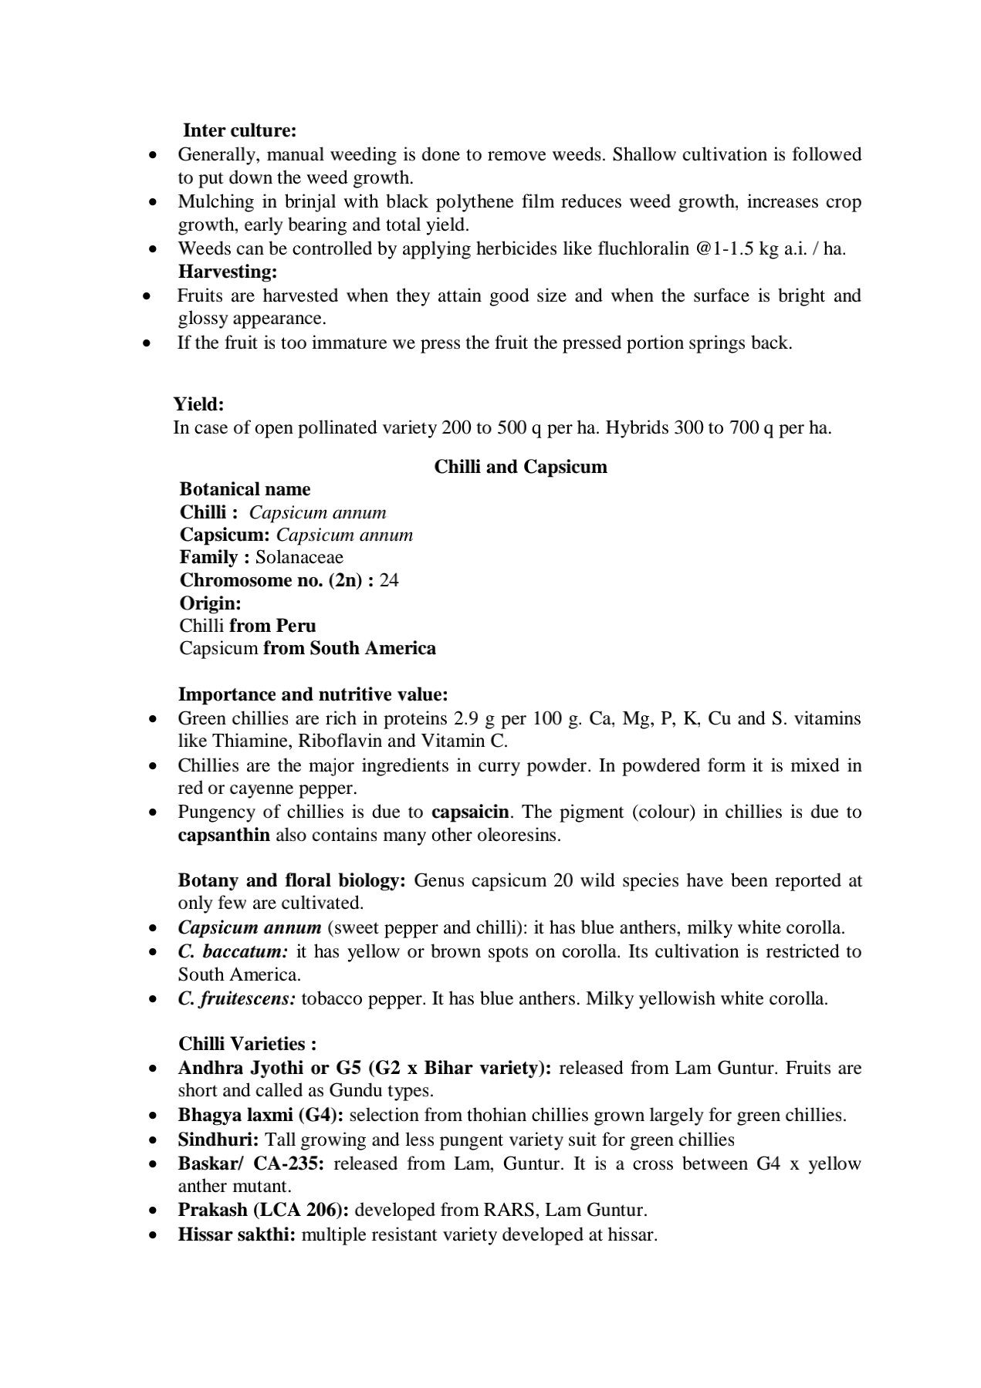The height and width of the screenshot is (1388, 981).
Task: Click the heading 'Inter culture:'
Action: [239, 130]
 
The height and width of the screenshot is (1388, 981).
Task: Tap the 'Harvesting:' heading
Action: [228, 272]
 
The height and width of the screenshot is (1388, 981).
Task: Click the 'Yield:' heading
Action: [198, 404]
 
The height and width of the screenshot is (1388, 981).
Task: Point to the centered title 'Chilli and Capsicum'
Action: [520, 467]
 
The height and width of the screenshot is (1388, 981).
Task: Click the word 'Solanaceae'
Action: [299, 557]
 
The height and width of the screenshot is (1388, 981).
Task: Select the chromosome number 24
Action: [389, 580]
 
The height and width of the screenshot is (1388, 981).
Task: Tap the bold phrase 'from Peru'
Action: [272, 625]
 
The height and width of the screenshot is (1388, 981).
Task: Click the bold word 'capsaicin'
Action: [470, 812]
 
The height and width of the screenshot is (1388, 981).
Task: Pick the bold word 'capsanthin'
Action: [224, 835]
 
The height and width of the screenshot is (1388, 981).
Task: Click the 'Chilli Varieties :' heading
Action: [247, 1044]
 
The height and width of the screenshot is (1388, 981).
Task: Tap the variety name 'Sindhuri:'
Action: [218, 1140]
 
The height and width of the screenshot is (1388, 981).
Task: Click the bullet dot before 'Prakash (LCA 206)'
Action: [154, 1211]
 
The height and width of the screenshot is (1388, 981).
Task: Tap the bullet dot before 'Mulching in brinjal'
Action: [154, 202]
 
